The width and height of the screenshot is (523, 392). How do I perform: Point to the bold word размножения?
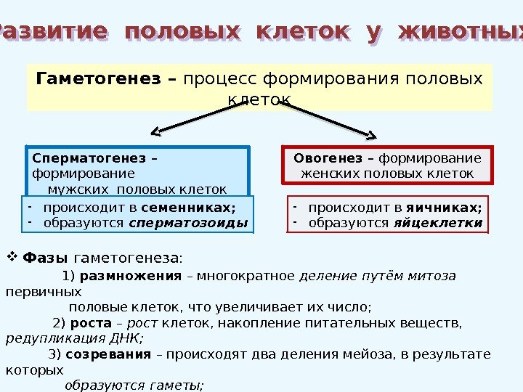coord(131,276)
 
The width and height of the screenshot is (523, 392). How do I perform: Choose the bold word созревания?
coord(109,354)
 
